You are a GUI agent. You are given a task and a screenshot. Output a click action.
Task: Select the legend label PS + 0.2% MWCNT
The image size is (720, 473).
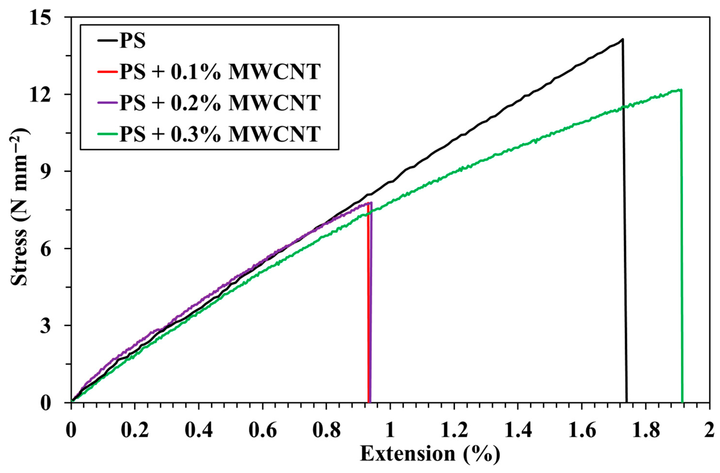tap(220, 103)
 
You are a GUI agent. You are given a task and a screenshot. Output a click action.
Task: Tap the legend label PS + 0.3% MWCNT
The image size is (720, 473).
tap(220, 134)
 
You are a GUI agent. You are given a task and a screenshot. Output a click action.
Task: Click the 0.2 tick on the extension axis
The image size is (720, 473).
tap(135, 431)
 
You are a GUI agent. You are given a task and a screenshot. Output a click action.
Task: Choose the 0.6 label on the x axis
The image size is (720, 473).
tap(262, 431)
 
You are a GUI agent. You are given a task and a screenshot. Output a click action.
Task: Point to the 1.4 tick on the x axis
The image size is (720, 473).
tap(518, 431)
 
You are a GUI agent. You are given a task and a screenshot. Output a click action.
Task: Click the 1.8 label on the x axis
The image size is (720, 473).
tap(645, 431)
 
